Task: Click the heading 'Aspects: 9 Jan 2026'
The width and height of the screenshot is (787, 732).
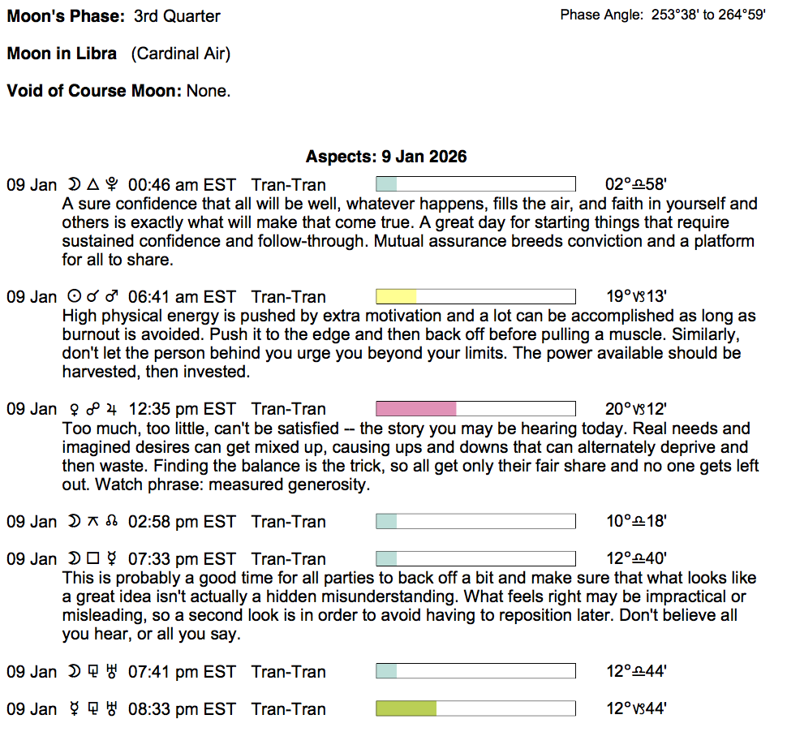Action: [386, 157]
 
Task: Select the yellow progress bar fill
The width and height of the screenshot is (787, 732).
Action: [396, 297]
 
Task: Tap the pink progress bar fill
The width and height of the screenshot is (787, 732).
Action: [416, 409]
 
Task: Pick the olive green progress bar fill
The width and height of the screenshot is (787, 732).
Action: [406, 709]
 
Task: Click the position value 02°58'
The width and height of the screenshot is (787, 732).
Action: [636, 185]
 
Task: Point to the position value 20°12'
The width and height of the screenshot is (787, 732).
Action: [636, 409]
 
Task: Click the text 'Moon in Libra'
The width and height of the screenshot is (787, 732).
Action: [62, 54]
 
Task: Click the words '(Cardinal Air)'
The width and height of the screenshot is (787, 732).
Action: [181, 54]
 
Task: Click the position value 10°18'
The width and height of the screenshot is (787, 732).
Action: [636, 522]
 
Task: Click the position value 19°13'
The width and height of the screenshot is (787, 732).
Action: [636, 297]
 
